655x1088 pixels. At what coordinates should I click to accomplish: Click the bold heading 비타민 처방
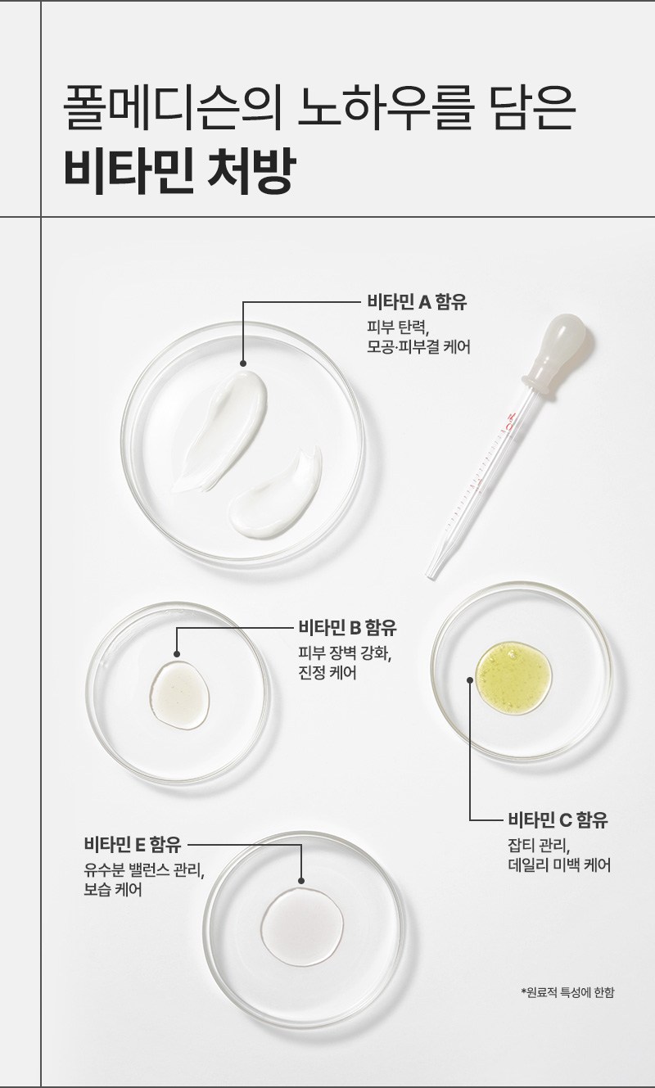click(178, 173)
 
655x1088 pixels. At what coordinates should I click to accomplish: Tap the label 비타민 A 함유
click(417, 302)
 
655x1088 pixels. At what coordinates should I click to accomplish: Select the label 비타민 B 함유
click(347, 628)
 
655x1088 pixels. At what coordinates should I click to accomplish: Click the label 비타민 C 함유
click(558, 819)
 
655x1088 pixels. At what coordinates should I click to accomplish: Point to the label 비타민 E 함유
click(132, 844)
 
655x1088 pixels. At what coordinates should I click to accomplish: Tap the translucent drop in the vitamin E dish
click(302, 925)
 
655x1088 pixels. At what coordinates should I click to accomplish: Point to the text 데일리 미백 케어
click(558, 865)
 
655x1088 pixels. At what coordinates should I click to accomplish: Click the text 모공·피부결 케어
click(418, 347)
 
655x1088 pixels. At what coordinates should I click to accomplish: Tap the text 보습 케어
click(113, 890)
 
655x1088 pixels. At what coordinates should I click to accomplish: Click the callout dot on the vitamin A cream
click(243, 363)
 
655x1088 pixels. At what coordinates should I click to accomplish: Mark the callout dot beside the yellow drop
click(470, 679)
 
